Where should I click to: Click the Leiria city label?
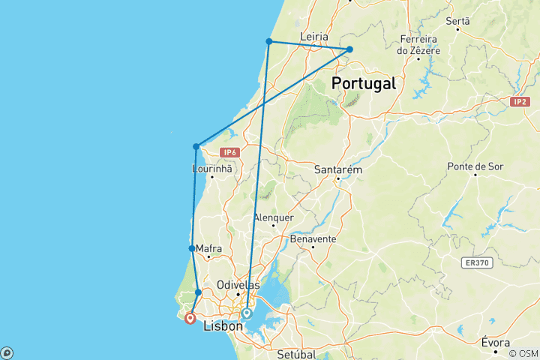[314, 36]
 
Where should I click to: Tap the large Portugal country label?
[364, 83]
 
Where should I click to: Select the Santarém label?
[339, 170]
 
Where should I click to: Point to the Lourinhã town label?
[212, 169]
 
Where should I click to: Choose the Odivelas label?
[237, 285]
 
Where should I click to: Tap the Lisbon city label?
[223, 326]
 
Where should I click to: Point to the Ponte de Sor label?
[475, 166]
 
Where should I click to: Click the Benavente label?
[312, 238]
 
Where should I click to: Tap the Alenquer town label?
[273, 217]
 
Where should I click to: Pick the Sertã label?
[457, 22]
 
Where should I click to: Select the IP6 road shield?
[230, 152]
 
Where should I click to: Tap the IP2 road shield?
[520, 101]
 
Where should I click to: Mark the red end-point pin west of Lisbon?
[190, 319]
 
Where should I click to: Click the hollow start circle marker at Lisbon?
[247, 313]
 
